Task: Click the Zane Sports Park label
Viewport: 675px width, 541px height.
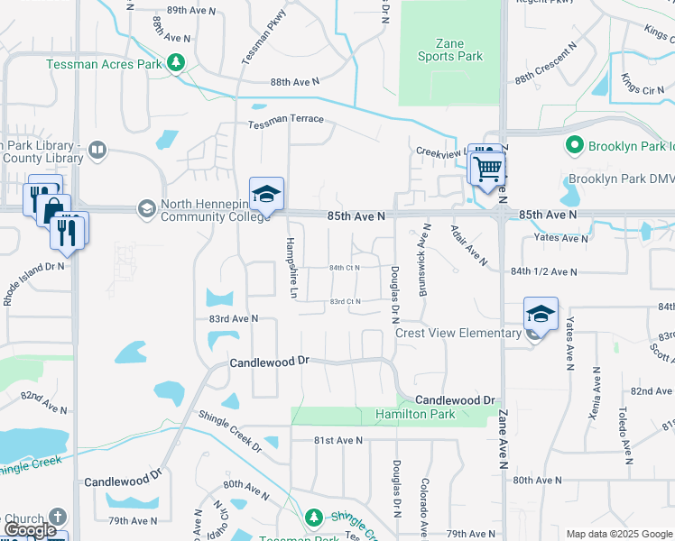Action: [x=449, y=50]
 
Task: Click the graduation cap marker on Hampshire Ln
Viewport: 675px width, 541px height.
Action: [x=267, y=195]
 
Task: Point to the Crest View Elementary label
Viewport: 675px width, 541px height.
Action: [x=459, y=333]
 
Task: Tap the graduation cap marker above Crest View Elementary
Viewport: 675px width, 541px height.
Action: [x=541, y=315]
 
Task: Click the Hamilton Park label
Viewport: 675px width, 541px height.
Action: [x=416, y=415]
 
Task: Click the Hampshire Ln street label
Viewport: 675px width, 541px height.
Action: [x=291, y=268]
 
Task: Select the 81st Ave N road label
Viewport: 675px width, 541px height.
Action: [x=337, y=440]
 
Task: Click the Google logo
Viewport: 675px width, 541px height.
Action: [x=30, y=530]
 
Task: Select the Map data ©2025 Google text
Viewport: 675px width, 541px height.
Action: [x=618, y=534]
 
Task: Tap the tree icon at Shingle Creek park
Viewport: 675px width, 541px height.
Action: [x=314, y=518]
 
